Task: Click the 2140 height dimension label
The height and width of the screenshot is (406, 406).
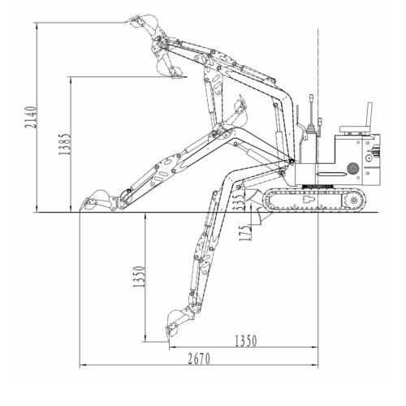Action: click(x=30, y=117)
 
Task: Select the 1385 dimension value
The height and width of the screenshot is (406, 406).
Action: click(x=64, y=144)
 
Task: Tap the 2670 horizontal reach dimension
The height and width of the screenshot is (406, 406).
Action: click(x=199, y=359)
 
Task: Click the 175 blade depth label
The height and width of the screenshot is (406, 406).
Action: click(x=245, y=233)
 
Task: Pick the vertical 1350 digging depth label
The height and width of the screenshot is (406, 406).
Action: click(x=139, y=276)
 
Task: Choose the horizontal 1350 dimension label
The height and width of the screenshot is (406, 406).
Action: click(x=245, y=341)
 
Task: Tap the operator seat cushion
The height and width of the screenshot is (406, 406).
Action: click(x=355, y=129)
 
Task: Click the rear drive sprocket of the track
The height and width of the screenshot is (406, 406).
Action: click(x=352, y=201)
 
